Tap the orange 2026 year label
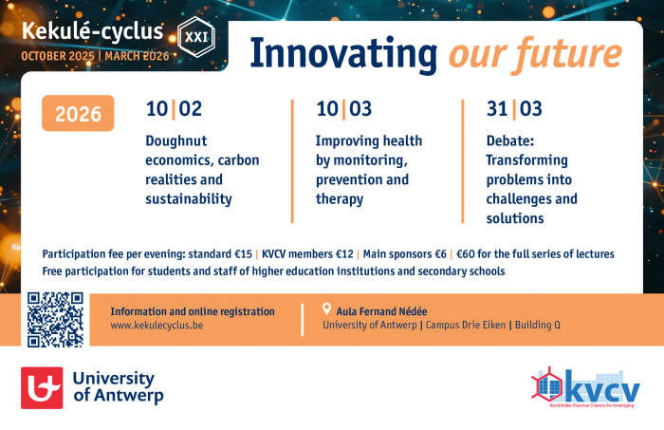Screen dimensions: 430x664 point(79,114)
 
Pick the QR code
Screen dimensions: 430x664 point(55,319)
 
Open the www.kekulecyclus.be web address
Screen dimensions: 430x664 point(157,325)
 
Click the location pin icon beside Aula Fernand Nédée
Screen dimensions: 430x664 point(327,309)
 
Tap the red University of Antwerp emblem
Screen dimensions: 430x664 point(42,387)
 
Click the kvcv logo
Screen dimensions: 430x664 point(585,387)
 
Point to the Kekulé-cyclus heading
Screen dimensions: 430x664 point(83,32)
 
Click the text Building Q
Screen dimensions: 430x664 point(536,325)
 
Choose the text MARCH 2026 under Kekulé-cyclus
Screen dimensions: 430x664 point(138,55)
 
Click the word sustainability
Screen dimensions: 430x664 point(189,199)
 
